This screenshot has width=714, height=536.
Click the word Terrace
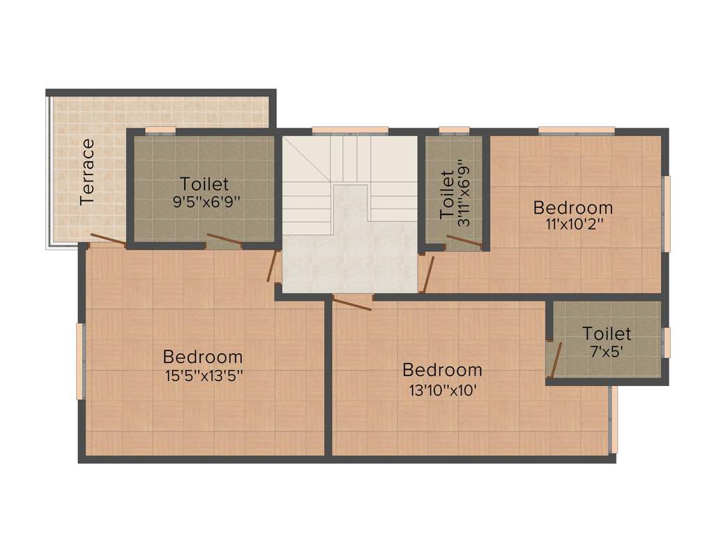pos(87,172)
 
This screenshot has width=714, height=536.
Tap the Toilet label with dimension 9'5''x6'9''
pos(204,184)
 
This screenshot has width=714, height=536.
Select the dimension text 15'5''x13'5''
pos(203,375)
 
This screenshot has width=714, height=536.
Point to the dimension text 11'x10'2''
pos(572,224)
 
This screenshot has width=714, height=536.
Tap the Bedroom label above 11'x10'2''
pos(573,207)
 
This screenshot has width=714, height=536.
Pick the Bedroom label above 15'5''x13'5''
pos(203,357)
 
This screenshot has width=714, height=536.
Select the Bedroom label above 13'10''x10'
pos(443,370)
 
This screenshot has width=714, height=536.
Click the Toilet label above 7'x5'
pos(607,334)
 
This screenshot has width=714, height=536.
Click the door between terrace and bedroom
pos(108,239)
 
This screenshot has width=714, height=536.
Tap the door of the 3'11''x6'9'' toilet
pos(463,242)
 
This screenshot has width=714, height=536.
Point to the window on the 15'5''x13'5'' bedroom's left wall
pos(81,360)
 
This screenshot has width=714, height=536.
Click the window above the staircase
pos(349,129)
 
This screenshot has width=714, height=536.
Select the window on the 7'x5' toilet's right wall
pos(666,342)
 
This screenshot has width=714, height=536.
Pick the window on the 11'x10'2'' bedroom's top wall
pos(576,129)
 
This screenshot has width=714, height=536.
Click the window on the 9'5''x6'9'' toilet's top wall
pos(160,129)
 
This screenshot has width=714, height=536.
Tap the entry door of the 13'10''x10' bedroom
pos(353,302)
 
